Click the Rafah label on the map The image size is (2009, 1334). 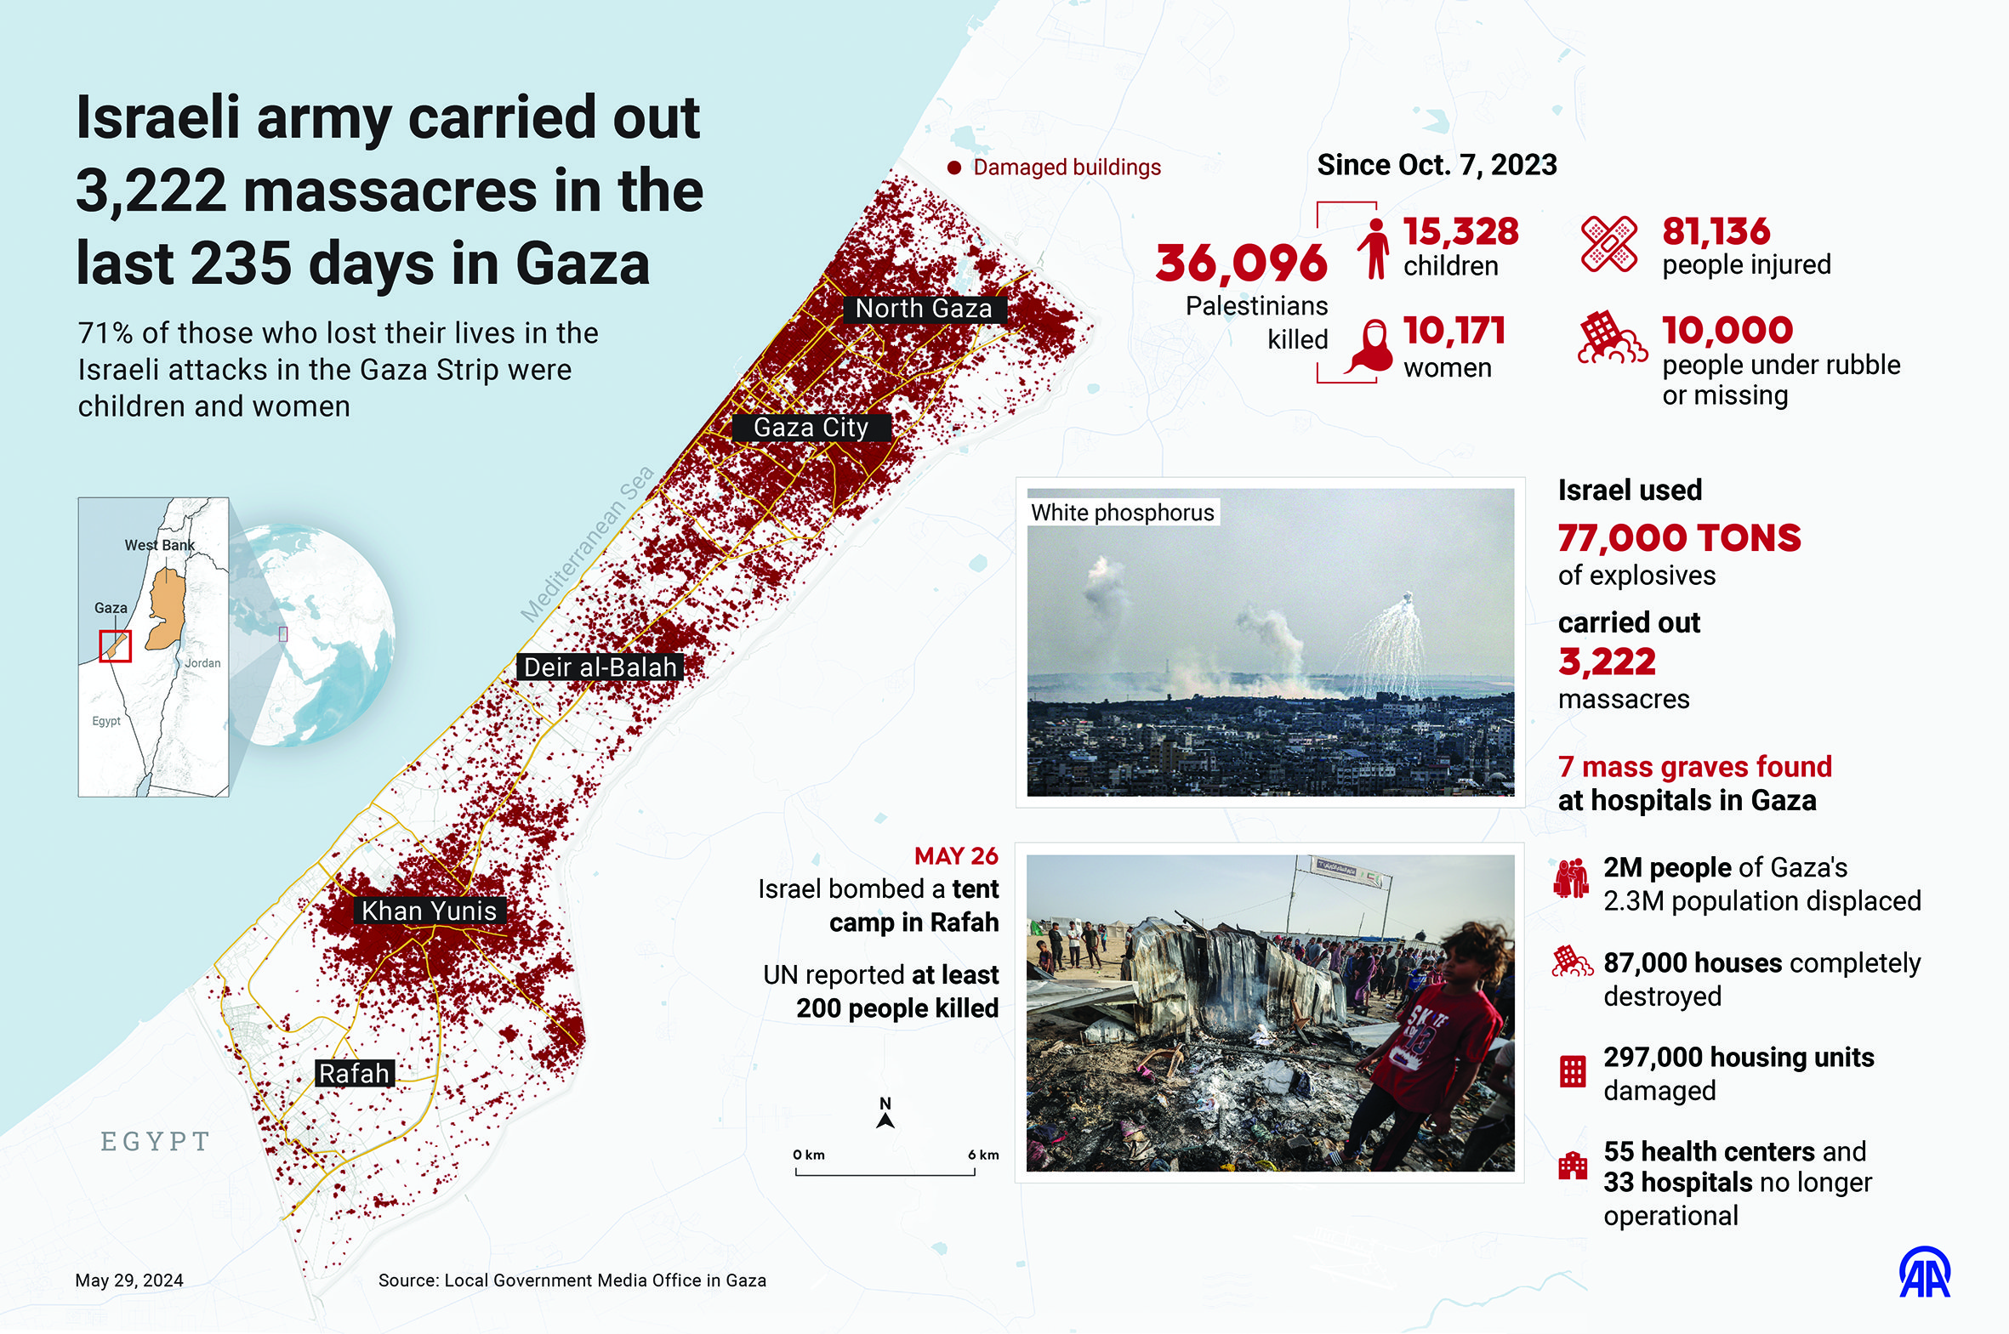pos(354,1073)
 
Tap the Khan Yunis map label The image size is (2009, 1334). pos(429,911)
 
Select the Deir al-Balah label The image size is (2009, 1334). pos(600,667)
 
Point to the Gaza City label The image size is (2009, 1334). pos(811,427)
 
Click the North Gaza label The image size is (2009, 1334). pos(924,309)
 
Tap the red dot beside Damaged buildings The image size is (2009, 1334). pos(954,168)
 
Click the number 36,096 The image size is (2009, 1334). pos(1242,263)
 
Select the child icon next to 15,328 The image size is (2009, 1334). pos(1374,248)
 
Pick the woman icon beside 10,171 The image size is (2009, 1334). pos(1370,347)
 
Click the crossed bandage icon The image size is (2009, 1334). pos(1608,244)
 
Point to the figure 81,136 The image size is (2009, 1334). pos(1716,231)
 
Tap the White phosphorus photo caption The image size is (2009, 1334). pos(1123,512)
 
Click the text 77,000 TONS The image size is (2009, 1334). pos(1679,537)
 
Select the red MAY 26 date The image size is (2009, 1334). pos(955,856)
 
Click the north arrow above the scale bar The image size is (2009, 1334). pos(885,1113)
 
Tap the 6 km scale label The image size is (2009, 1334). pos(982,1155)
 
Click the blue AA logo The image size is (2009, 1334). pos(1925,1273)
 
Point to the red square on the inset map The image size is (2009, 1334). pos(116,645)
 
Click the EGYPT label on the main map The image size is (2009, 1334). pos(156,1141)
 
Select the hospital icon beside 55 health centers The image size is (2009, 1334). pos(1573,1166)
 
